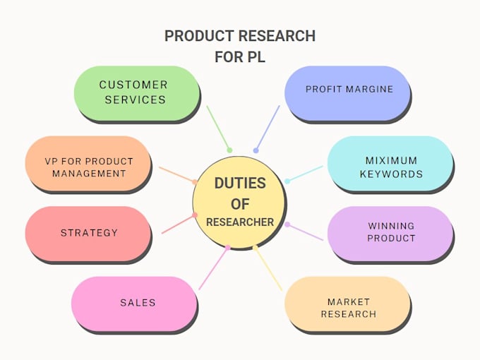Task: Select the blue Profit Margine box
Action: pos(349,90)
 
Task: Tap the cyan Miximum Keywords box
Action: pos(390,167)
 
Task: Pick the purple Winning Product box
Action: pos(390,232)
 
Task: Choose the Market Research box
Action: pos(347,308)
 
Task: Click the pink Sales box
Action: pos(136,303)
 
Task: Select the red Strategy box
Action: pos(88,233)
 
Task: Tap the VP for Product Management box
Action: pos(88,167)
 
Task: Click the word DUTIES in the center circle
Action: pos(240,184)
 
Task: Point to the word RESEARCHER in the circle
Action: pos(240,222)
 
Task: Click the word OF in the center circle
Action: pos(240,203)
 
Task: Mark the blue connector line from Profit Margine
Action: pos(268,128)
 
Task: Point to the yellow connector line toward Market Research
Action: pos(268,268)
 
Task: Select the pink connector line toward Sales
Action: pos(214,268)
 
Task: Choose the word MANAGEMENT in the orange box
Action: pos(88,174)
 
